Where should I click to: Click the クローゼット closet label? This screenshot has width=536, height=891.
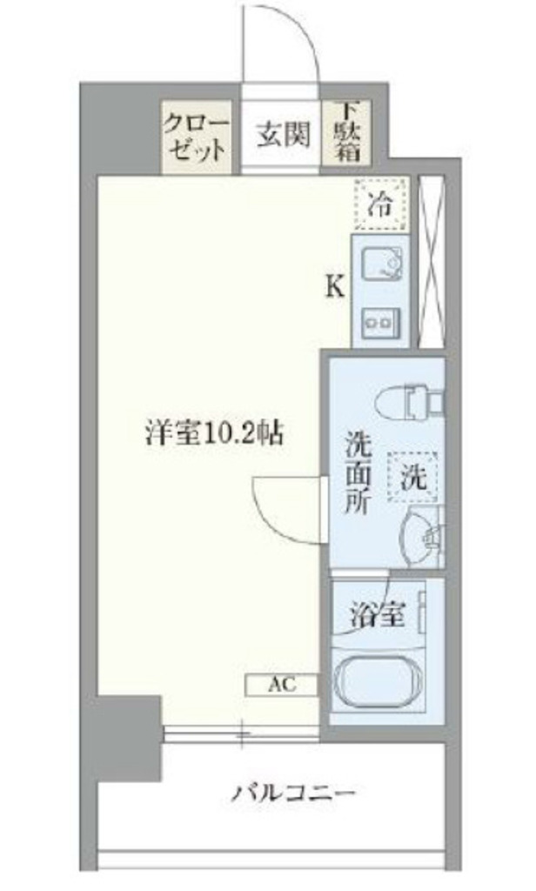(x=196, y=137)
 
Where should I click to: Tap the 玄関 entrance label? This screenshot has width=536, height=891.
(x=284, y=136)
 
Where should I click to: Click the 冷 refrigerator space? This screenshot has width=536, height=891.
(x=381, y=204)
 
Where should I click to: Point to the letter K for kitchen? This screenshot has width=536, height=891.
(x=335, y=288)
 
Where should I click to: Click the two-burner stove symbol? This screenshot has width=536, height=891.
(x=379, y=322)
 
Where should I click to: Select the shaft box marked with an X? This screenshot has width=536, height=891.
(x=431, y=261)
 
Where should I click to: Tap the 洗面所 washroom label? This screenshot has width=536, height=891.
(x=358, y=473)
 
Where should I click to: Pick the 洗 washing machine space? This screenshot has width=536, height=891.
(x=413, y=478)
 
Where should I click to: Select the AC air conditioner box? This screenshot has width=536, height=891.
(x=282, y=684)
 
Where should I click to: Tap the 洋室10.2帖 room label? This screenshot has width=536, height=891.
(x=214, y=434)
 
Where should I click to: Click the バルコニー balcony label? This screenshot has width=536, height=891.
(x=294, y=793)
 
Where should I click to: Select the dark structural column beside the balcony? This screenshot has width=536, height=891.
(x=130, y=738)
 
